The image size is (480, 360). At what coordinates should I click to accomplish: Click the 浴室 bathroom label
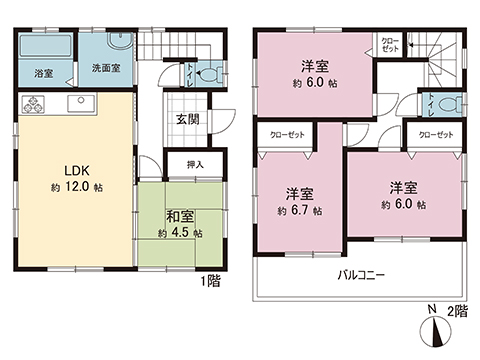click(x=43, y=74)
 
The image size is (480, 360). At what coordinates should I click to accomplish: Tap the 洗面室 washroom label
click(x=106, y=69)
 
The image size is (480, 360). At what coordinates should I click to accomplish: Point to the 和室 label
click(x=179, y=215)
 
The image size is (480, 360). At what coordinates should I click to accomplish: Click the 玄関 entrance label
click(x=187, y=119)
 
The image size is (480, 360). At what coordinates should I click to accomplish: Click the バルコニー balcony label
click(x=361, y=273)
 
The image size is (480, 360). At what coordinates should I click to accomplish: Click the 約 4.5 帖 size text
click(x=179, y=233)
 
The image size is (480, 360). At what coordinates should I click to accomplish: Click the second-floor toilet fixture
click(x=449, y=103)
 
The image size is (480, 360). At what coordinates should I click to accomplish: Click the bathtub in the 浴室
click(x=44, y=47)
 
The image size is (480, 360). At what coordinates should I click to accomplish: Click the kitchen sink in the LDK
click(x=80, y=104)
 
